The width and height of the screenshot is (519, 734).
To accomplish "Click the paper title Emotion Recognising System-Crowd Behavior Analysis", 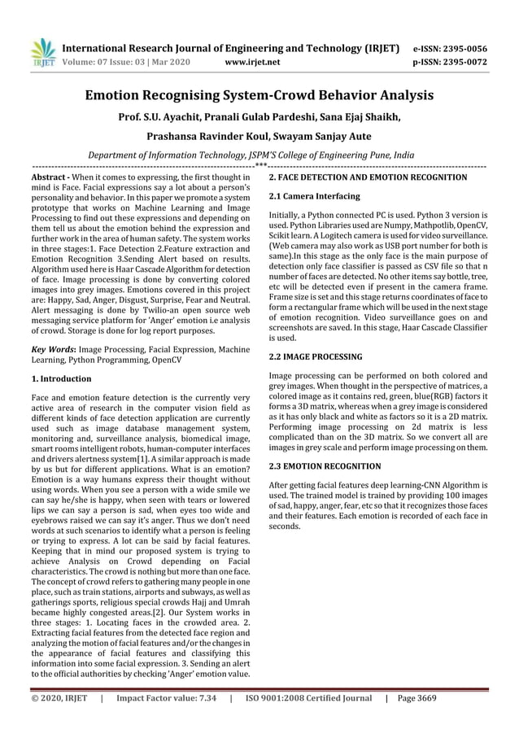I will (259, 95).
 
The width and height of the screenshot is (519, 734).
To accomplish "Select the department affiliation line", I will (259, 155).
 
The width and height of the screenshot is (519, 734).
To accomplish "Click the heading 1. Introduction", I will (61, 379).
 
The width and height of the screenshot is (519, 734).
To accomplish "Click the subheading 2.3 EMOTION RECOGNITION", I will (324, 466).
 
